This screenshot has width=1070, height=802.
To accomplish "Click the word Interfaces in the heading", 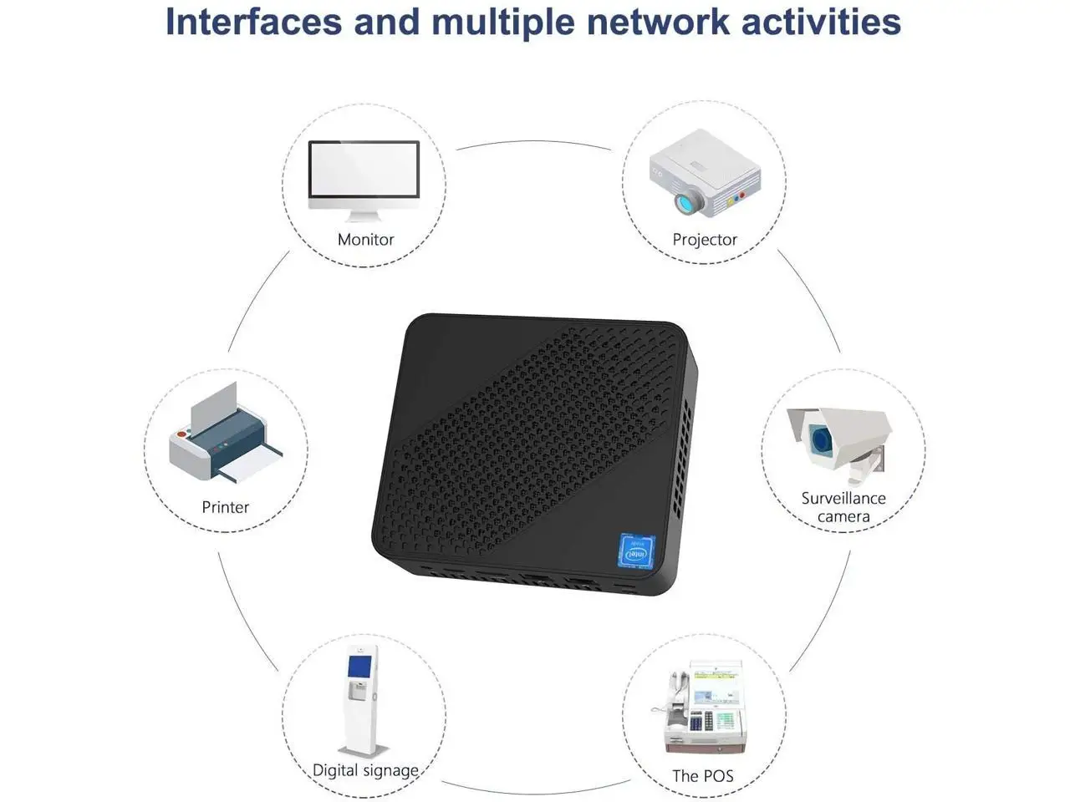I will click(253, 21).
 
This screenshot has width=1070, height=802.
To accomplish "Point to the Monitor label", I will click(365, 240).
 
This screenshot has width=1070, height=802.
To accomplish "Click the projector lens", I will click(688, 201).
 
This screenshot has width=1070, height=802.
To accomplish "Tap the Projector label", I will click(705, 240).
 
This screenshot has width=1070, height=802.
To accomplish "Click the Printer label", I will click(225, 507).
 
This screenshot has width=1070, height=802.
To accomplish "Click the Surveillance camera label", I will click(843, 507).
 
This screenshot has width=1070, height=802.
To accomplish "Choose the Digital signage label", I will click(365, 770).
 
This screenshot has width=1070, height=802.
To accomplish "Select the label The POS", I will click(702, 776).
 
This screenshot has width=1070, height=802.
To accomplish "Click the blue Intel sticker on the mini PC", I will click(637, 551).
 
